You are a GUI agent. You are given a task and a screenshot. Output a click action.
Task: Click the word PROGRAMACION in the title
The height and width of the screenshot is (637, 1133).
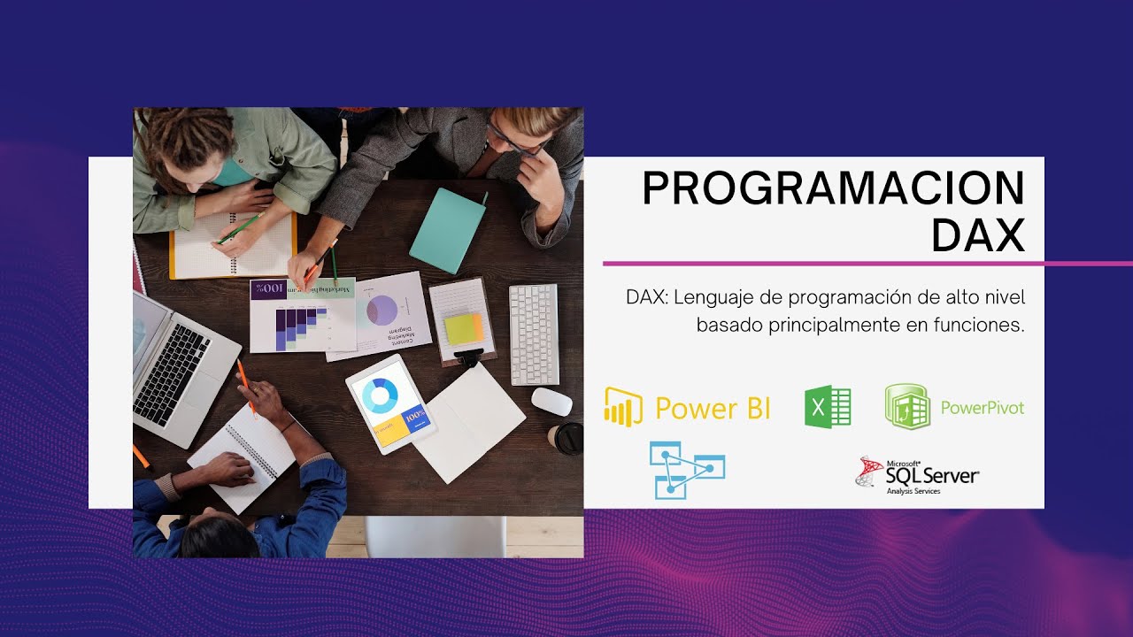(x=833, y=188)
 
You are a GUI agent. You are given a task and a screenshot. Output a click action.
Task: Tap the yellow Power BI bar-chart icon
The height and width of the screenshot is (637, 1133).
(x=623, y=408)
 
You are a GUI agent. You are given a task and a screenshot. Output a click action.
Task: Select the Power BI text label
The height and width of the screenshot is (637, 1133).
(x=713, y=409)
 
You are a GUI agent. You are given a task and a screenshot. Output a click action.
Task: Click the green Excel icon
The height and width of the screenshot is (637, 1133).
(x=827, y=408)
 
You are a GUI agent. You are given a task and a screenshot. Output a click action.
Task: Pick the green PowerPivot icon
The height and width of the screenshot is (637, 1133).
(x=907, y=407)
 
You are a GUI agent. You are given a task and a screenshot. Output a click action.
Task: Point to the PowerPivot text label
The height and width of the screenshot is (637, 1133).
(x=982, y=408)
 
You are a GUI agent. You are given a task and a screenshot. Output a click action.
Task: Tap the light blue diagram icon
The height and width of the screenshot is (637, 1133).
(x=686, y=470)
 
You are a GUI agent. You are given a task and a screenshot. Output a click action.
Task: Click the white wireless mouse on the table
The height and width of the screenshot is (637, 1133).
(x=551, y=401)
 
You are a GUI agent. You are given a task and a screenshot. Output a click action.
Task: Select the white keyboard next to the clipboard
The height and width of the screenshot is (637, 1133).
(x=534, y=334)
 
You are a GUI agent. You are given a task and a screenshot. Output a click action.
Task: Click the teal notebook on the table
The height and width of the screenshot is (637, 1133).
(x=448, y=230)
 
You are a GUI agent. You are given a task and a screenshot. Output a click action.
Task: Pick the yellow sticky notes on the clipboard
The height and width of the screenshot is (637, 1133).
(x=464, y=328)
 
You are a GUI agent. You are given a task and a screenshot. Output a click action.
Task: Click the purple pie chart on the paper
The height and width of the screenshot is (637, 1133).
(x=382, y=310)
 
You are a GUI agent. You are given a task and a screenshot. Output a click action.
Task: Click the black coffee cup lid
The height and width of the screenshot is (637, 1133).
(x=568, y=437)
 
